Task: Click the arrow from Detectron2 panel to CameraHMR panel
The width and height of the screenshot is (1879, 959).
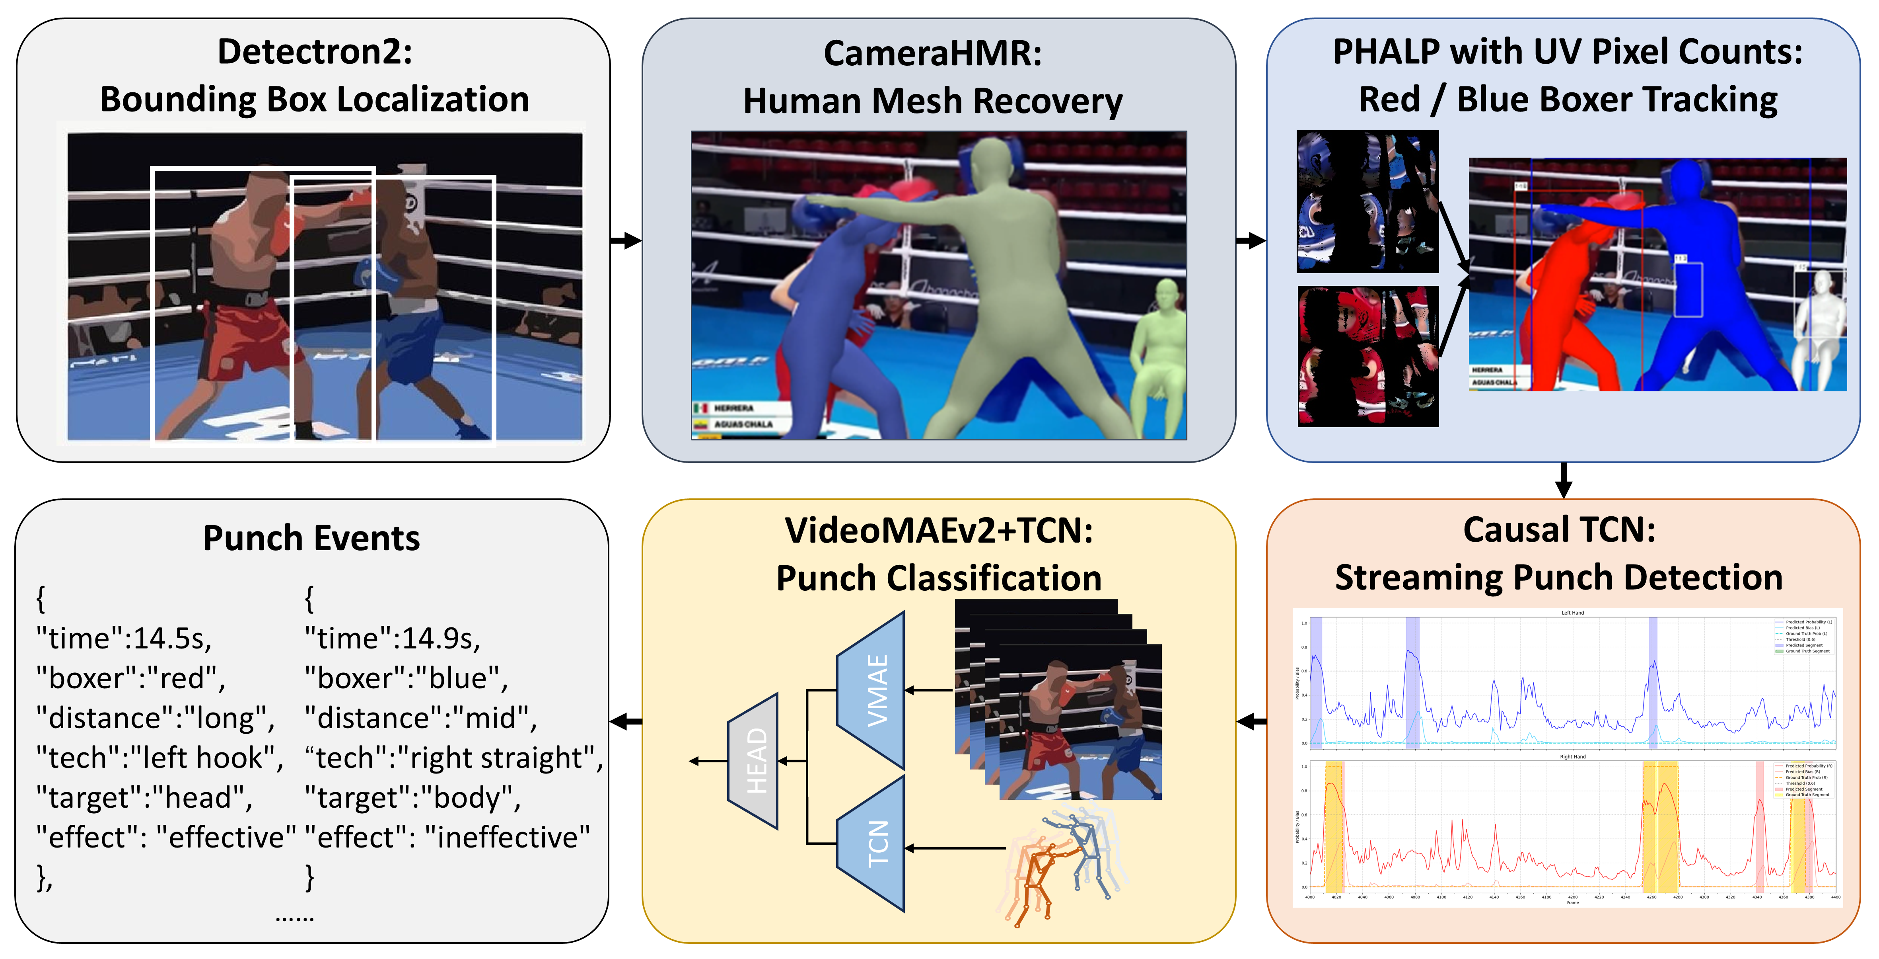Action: point(626,240)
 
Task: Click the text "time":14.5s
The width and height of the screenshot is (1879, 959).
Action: point(124,639)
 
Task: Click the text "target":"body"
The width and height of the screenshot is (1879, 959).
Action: point(412,798)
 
